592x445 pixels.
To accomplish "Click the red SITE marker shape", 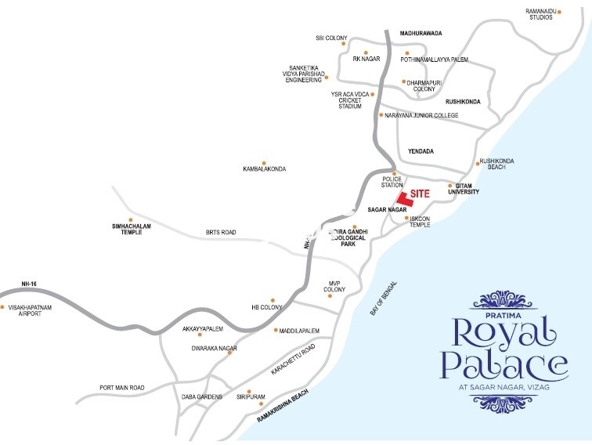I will coord(402,197).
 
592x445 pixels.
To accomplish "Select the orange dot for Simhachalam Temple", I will coord(131,219).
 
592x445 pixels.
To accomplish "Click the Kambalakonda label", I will coord(265,168).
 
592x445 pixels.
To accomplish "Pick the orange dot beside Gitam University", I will coord(449,186).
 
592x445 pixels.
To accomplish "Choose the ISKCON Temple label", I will coord(421,222).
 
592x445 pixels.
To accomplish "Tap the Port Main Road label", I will coord(122,388).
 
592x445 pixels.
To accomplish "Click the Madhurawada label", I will coord(421,34).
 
